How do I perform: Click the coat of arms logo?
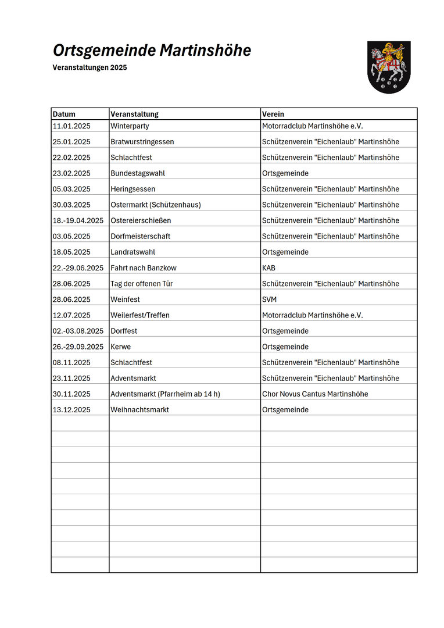(389, 67)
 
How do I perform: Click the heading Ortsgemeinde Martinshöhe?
(152, 51)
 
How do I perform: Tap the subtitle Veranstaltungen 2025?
(89, 67)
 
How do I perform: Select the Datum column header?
(64, 114)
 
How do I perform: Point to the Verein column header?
(273, 114)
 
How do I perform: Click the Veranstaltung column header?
(134, 114)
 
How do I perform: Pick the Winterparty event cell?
(130, 126)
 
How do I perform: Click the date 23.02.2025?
(71, 173)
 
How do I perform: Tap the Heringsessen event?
(133, 189)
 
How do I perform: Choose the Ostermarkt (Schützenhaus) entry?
(156, 205)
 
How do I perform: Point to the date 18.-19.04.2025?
(78, 220)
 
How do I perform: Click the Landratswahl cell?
(133, 252)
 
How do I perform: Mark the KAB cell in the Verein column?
(269, 268)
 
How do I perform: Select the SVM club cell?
(270, 299)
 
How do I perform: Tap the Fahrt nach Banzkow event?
(144, 268)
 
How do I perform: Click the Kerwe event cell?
(121, 347)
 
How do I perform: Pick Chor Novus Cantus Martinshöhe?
(315, 394)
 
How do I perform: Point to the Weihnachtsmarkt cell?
(139, 409)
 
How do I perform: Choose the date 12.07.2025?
(71, 315)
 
